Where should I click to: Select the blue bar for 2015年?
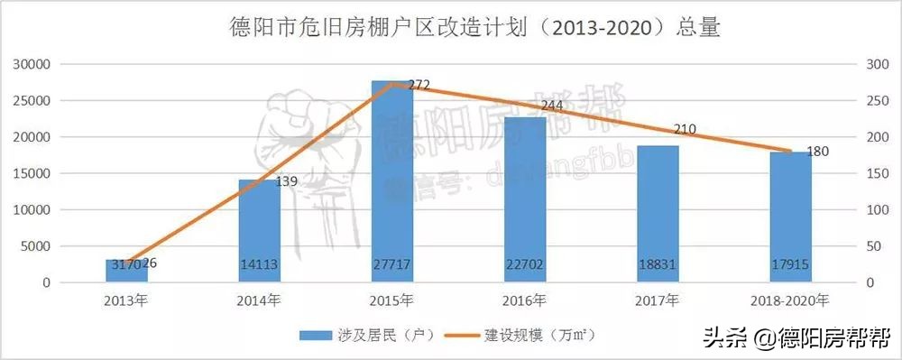tap(392, 180)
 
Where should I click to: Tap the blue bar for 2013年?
tap(127, 271)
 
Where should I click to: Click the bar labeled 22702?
tap(525, 198)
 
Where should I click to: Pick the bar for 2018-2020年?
tap(790, 217)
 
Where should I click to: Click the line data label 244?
tap(551, 106)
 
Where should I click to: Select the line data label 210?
tap(685, 130)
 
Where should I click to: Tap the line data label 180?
tap(817, 152)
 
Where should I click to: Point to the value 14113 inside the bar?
tap(260, 264)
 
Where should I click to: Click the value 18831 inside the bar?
tap(658, 264)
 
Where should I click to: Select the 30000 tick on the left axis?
tap(31, 65)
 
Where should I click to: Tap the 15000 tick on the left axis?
tap(31, 173)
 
